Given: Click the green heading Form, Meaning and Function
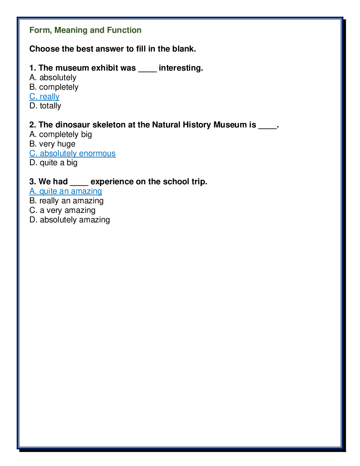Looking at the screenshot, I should (85, 30).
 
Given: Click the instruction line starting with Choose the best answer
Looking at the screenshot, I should (113, 49).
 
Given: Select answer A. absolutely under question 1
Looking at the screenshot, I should (53, 78).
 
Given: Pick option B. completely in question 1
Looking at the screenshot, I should (54, 87).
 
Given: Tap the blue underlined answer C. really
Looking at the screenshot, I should (44, 97).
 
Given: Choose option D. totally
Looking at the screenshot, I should (46, 106).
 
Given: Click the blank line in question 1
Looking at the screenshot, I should (147, 69).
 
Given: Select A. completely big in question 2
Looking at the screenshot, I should (61, 135).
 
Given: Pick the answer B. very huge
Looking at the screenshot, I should (53, 144).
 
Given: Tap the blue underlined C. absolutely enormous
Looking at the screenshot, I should (72, 154).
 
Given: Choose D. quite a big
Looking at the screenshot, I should (54, 163).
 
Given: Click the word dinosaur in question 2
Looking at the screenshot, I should (73, 125).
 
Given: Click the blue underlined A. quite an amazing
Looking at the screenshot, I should (66, 191).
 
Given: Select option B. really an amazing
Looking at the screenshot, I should (67, 201).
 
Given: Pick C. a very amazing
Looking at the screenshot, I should (62, 210).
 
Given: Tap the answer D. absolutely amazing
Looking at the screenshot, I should (70, 220).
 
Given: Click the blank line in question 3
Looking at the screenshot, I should (79, 183).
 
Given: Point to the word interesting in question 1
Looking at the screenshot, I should (181, 68).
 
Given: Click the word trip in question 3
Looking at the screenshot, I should (199, 182).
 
